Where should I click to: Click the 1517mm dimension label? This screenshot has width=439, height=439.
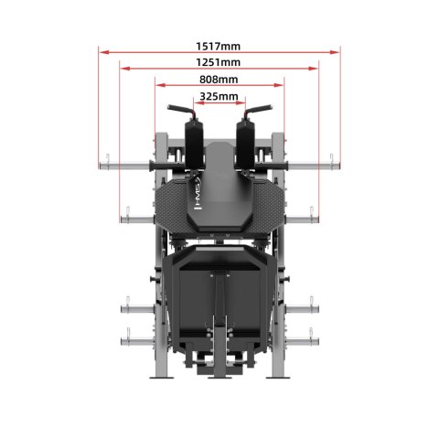click(219, 45)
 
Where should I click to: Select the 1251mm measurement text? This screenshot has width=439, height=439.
click(219, 62)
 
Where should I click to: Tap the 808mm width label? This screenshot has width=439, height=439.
click(219, 80)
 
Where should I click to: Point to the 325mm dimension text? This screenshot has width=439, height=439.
click(219, 96)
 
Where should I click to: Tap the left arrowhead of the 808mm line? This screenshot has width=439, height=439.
click(158, 86)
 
